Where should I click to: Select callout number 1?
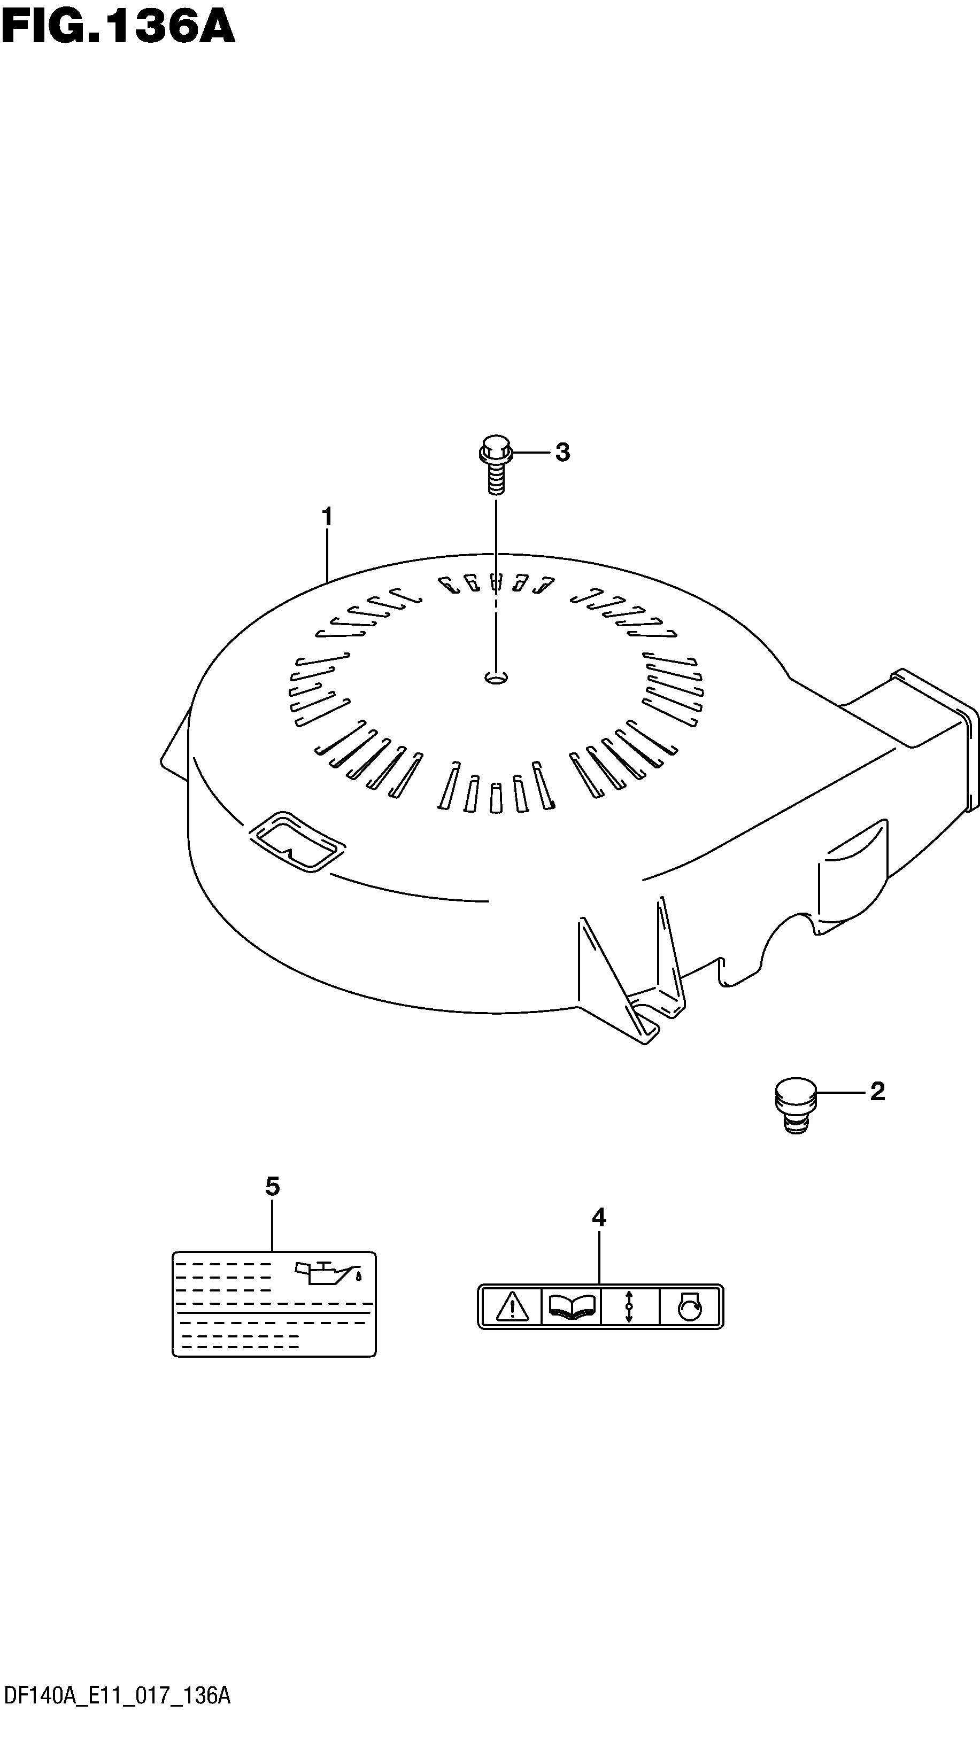coord(327,517)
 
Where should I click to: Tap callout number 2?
coord(877,1092)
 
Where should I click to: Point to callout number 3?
coord(562,452)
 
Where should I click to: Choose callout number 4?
coord(598,1217)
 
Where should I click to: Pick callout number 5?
coord(272,1187)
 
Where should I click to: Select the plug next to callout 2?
coord(796,1104)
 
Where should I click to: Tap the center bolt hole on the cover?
coord(497,677)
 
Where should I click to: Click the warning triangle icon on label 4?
coord(512,1306)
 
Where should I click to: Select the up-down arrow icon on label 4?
coord(629,1306)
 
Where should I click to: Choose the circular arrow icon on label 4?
coord(690,1306)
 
